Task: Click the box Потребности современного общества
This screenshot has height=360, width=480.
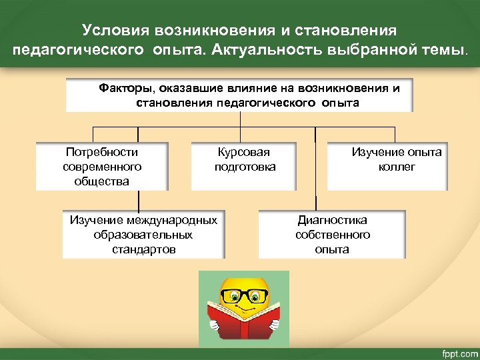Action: (x=102, y=167)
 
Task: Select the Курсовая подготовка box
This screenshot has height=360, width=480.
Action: (x=245, y=160)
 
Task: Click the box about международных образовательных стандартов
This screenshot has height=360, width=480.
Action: (x=143, y=235)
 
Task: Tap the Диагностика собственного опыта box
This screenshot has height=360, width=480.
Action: (x=332, y=235)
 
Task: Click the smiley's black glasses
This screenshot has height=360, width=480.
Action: (x=244, y=295)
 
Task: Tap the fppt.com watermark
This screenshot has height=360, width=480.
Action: (x=455, y=351)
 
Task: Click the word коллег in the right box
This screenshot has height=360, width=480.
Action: (x=397, y=167)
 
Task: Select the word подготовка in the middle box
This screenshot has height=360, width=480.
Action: (x=245, y=167)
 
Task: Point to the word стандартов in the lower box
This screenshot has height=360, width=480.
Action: (x=144, y=249)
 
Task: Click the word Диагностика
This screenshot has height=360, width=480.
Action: (x=332, y=220)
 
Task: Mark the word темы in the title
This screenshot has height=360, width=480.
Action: (x=450, y=51)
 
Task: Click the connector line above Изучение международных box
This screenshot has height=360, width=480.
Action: (x=138, y=201)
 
